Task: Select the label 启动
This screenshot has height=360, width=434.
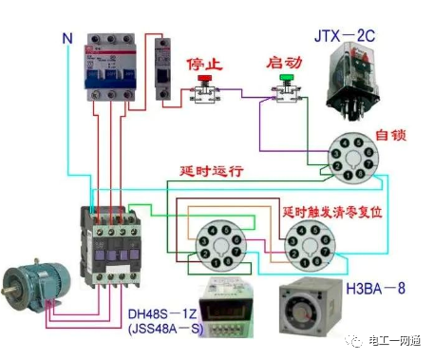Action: tap(284, 64)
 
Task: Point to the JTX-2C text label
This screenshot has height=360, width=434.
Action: tap(346, 36)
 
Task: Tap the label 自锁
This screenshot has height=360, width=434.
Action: tap(390, 135)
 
